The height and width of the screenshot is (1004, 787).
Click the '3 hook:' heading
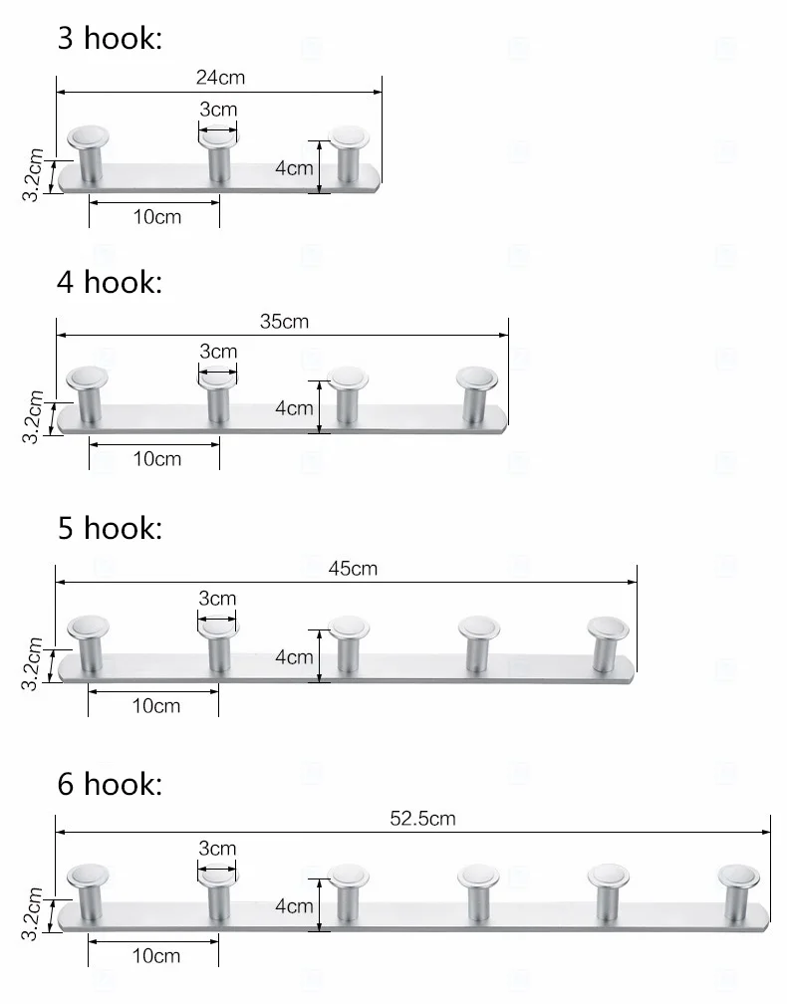click(x=109, y=39)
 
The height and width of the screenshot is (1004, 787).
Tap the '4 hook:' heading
click(x=109, y=282)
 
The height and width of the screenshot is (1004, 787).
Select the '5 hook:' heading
click(x=109, y=528)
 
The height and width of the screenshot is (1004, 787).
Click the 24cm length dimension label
click(x=220, y=77)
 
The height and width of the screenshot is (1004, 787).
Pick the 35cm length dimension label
click(x=284, y=322)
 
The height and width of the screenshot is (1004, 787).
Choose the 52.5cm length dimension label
click(x=422, y=819)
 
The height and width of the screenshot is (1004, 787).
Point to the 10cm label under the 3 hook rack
click(x=157, y=217)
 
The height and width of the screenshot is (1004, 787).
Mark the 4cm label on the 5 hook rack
click(x=294, y=657)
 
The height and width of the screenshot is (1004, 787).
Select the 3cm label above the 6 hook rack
click(x=217, y=849)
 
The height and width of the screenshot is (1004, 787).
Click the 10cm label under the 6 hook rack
click(x=156, y=956)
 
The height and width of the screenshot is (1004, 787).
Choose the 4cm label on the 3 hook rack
click(x=294, y=168)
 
